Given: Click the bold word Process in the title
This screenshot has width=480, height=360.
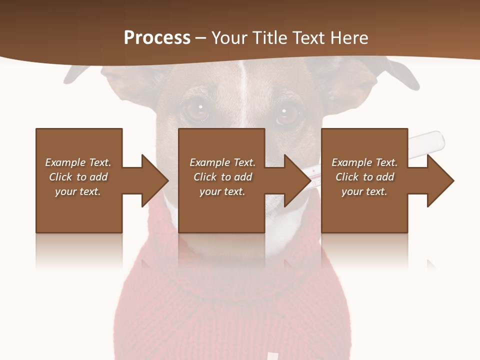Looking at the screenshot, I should tap(157, 37).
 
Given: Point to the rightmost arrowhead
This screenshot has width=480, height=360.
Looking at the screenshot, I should tap(440, 180).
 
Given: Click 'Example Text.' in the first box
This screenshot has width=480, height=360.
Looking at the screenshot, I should tap(78, 162).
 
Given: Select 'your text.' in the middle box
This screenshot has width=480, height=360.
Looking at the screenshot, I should tap(222, 191).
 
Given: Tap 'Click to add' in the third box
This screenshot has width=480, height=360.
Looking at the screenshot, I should tap(364, 177).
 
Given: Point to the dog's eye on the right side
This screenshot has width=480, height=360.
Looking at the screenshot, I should tap(286, 114).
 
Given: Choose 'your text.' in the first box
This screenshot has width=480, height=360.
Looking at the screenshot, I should tap(78, 191).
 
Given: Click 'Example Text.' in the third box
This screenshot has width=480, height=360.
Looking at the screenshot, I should tap(364, 162).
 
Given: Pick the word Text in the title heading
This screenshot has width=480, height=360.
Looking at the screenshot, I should tap(310, 37).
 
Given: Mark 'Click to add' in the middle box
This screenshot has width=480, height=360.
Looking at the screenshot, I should tap(222, 177).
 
